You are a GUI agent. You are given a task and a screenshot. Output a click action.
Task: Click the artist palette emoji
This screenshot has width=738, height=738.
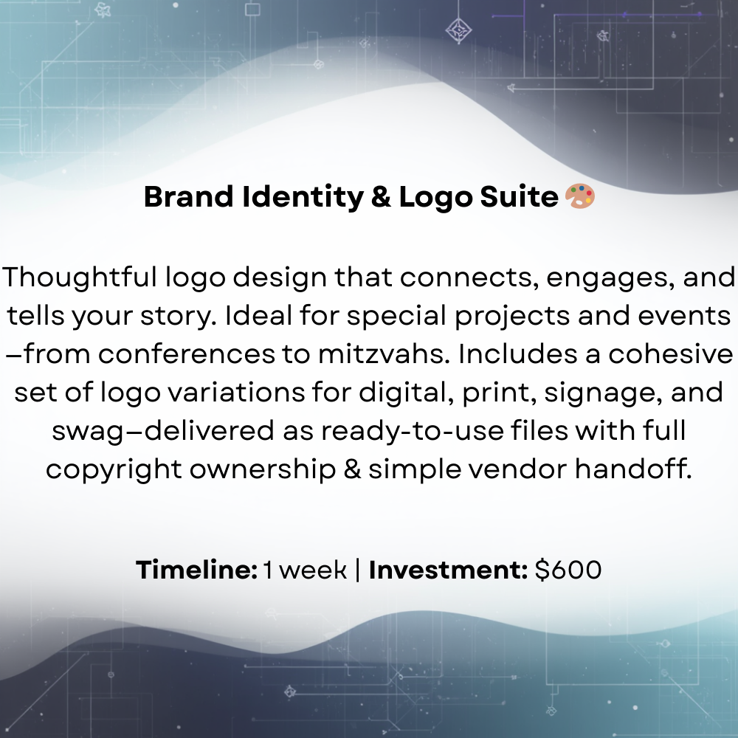click(579, 196)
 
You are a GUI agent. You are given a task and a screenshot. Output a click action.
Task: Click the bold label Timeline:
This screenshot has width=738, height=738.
click(196, 570)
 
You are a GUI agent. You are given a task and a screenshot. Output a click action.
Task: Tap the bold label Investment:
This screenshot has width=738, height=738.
click(448, 570)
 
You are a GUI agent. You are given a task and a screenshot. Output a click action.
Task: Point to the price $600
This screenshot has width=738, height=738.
click(568, 570)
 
